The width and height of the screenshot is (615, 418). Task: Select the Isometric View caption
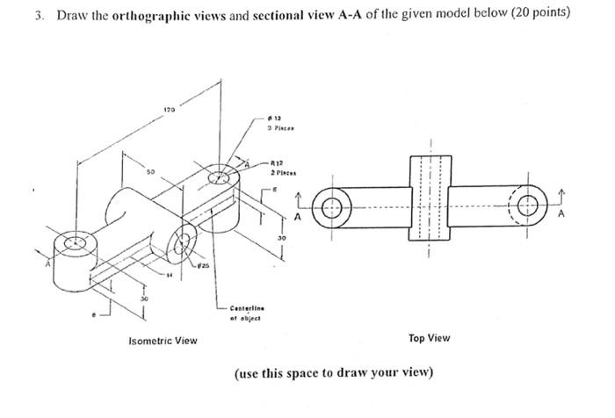[x=163, y=340]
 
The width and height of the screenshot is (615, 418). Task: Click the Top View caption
[x=430, y=338]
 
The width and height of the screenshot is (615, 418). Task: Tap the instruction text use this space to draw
[x=334, y=371]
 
